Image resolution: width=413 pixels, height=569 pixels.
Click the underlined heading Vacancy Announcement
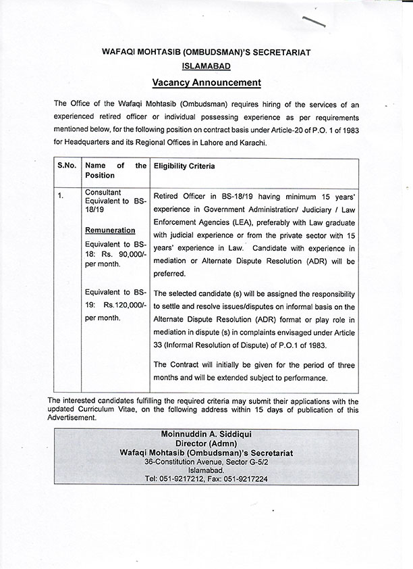[x=206, y=83]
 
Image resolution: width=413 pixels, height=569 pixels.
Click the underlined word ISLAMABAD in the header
[x=206, y=66]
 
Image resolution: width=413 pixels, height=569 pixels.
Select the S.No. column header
[x=67, y=166]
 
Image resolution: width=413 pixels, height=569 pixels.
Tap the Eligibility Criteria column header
[x=184, y=166]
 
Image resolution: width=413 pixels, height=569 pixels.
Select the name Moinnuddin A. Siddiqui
[x=206, y=433]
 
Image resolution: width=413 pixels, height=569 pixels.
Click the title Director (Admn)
[x=206, y=443]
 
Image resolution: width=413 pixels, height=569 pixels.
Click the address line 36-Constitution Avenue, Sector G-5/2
[x=206, y=461]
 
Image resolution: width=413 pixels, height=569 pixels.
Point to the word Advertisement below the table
[x=72, y=418]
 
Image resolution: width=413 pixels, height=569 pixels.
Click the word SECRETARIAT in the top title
[x=277, y=51]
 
